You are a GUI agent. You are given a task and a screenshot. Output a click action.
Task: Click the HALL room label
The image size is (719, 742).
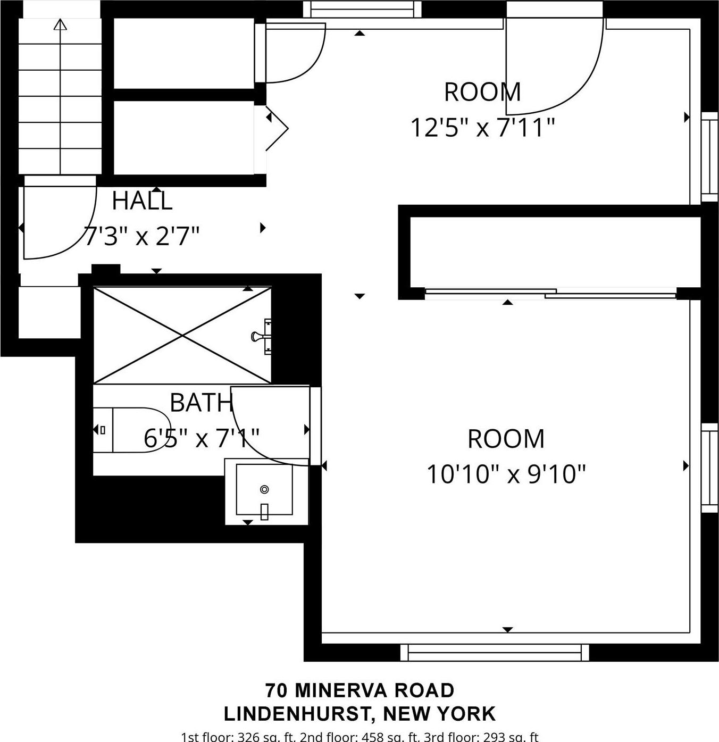coord(142,201)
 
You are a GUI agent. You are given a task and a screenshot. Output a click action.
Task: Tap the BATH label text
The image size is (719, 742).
coord(201,403)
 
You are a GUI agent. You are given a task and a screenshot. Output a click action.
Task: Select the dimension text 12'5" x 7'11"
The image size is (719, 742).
coord(482,128)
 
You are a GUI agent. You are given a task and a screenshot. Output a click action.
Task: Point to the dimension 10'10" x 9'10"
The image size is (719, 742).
coord(506,473)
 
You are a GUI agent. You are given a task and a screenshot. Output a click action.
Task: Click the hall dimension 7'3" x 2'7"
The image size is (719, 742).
coord(142,236)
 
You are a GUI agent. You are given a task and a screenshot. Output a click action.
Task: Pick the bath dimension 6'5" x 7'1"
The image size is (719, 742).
coord(201,438)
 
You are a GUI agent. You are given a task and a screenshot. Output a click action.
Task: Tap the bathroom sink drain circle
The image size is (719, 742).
coord(264,489)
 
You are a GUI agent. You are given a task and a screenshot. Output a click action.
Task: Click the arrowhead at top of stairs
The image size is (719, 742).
coord(61,24)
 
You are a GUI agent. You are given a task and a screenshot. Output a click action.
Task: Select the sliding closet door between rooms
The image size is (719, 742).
coord(550,292)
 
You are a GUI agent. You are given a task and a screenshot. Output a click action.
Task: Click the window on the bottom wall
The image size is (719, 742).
coord(495,652)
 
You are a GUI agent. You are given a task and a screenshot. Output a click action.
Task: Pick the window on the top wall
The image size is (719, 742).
coord(362,9)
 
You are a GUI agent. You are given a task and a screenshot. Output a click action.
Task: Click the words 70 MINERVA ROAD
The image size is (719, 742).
coord(360,690)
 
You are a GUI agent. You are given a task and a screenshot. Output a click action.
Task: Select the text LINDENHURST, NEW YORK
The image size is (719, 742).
coord(360,714)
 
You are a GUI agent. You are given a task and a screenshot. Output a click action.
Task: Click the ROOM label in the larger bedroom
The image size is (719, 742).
coord(506,439)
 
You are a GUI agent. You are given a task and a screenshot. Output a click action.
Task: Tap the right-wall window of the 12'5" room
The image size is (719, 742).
coord(709,157)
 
